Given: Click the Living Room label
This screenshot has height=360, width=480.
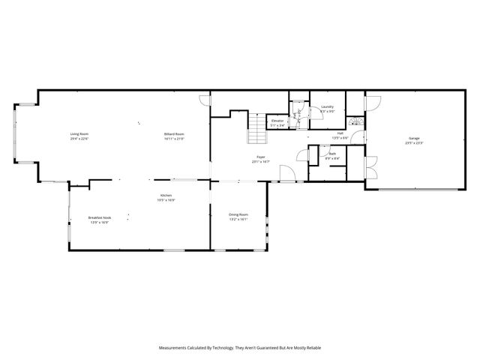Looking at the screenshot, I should click(x=79, y=134).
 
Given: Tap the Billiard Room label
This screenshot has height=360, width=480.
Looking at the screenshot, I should click(x=175, y=134).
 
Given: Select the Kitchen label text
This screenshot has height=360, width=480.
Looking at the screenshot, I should click(x=166, y=197).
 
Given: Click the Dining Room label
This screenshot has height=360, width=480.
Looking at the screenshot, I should click(x=238, y=214).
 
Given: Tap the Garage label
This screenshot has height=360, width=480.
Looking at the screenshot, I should click(x=414, y=138).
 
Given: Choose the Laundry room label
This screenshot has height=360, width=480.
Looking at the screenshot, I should click(x=327, y=107).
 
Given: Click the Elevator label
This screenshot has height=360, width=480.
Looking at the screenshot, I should click(x=277, y=121).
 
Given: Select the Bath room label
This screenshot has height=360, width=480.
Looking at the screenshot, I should click(x=332, y=154).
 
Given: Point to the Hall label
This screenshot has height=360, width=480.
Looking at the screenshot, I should click(x=340, y=133).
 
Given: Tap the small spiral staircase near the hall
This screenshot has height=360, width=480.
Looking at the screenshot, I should click(x=356, y=122).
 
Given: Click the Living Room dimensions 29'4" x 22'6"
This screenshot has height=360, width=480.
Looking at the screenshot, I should click(x=79, y=139).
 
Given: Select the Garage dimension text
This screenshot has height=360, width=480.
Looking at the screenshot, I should click(x=414, y=142).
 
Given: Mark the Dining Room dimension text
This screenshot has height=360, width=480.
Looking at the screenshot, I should click(x=238, y=219).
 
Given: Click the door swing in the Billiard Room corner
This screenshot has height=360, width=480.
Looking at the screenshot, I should click(x=205, y=100).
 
